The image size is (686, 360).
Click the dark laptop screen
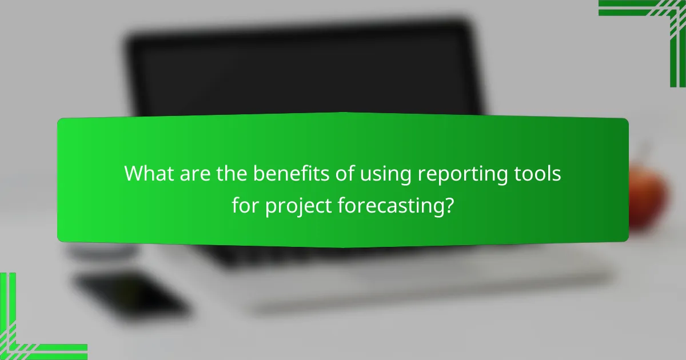[303, 69]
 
